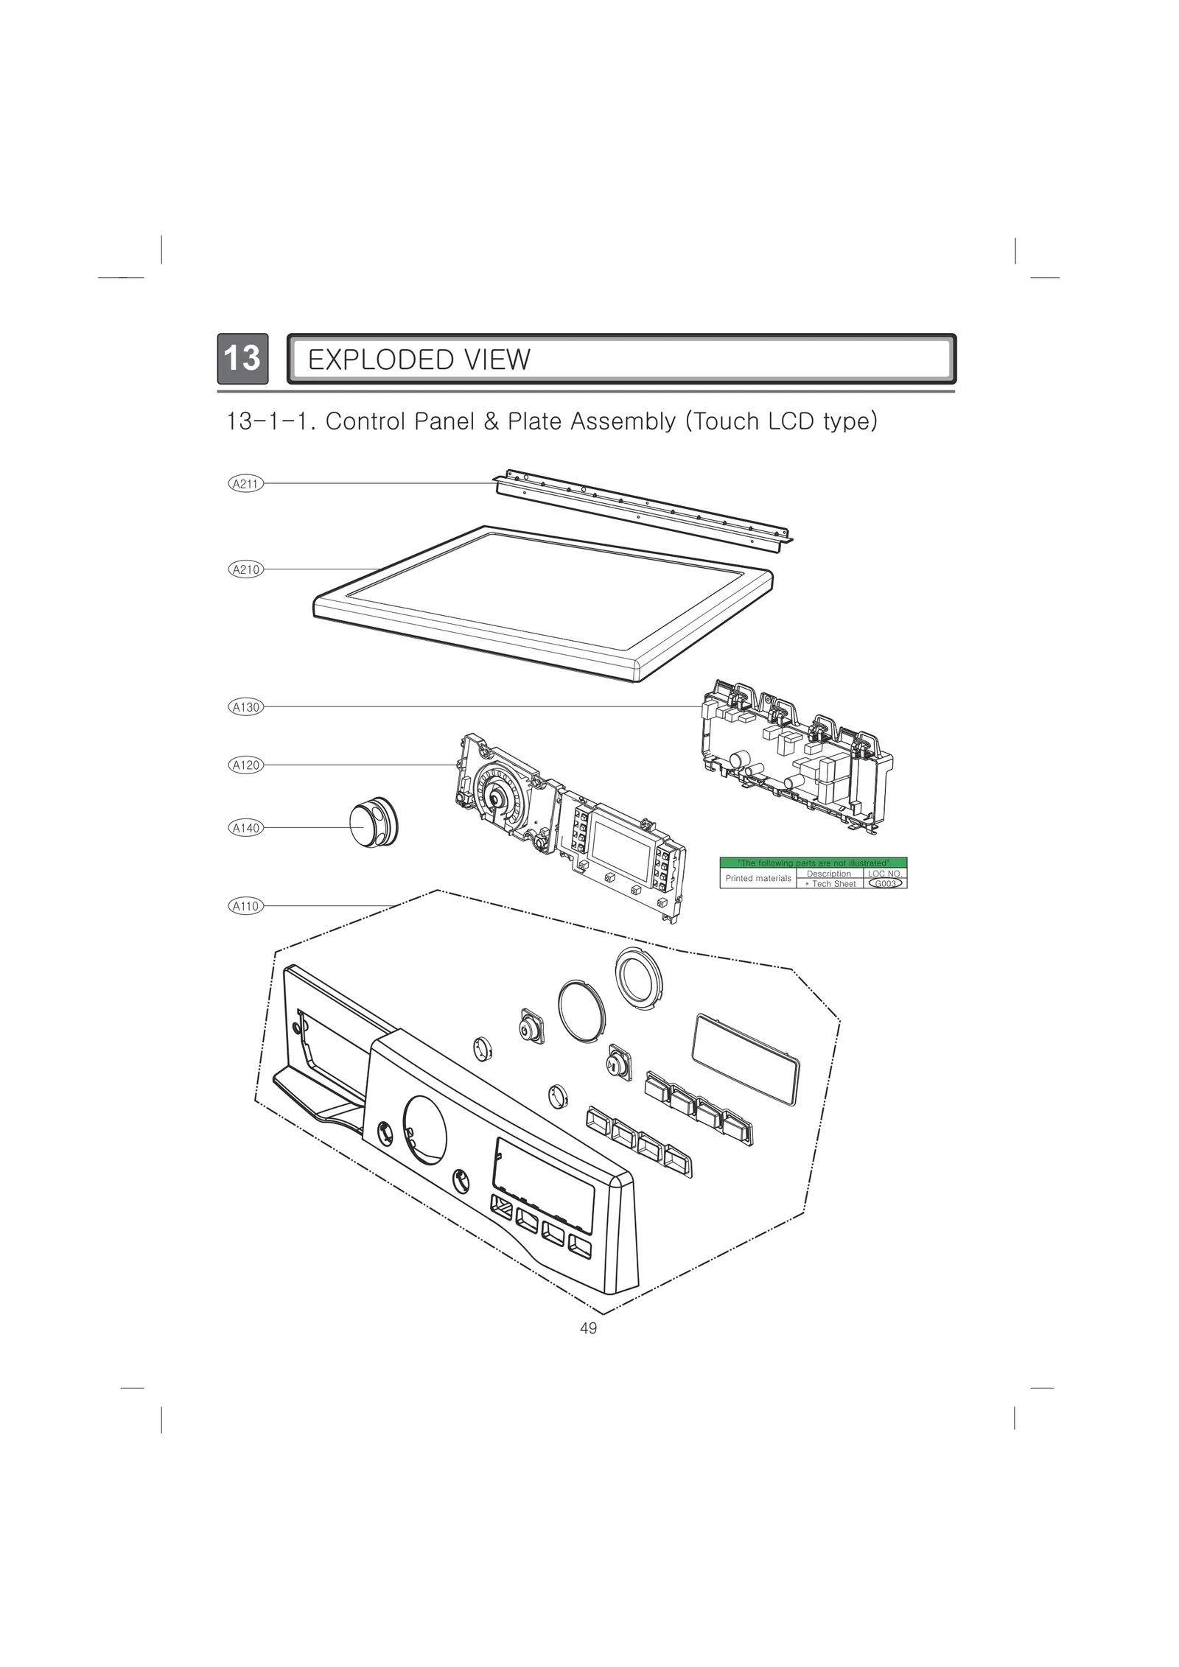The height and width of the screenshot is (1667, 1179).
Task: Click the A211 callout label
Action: (245, 483)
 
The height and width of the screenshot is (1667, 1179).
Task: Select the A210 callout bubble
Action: (245, 569)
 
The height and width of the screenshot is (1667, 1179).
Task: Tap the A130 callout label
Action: (245, 707)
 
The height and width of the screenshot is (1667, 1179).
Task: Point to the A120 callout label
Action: (245, 765)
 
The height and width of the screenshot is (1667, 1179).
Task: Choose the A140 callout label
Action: (245, 828)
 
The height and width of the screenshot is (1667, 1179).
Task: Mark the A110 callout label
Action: (245, 906)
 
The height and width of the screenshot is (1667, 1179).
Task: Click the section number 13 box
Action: (242, 359)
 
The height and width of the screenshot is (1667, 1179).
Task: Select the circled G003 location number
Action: (885, 883)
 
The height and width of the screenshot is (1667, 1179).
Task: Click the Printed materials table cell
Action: (758, 878)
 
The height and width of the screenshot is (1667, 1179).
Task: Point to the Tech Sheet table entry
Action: (830, 883)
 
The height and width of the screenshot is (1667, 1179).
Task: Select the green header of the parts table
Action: (813, 863)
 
